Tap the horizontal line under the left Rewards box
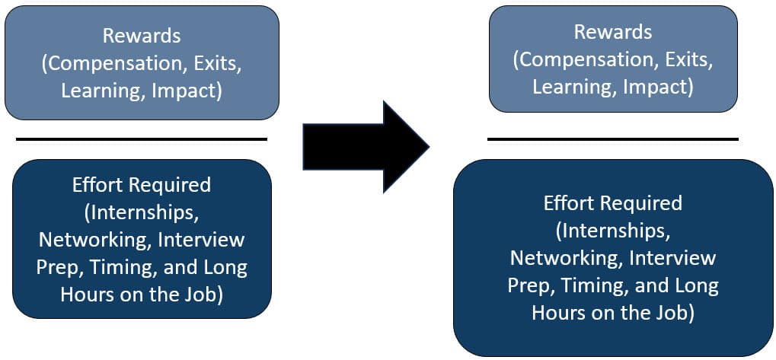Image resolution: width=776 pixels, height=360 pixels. (142, 139)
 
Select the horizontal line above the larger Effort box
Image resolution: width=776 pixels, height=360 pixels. (612, 139)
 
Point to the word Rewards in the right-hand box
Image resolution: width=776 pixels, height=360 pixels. (612, 33)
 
